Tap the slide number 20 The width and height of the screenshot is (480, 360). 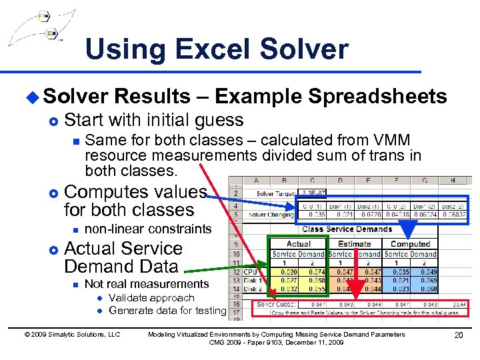458,335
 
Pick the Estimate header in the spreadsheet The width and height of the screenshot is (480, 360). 354,244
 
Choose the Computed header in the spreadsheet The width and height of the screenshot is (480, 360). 410,244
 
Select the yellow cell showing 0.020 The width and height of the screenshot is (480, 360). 288,272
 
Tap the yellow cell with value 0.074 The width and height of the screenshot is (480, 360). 315,272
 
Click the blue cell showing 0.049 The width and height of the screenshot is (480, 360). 428,272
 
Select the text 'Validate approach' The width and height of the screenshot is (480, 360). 151,298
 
